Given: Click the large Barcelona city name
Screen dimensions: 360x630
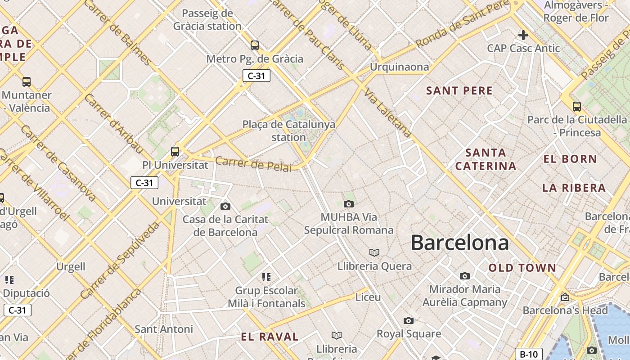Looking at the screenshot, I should [x=459, y=243].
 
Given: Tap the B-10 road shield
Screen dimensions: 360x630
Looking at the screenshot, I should [x=528, y=354].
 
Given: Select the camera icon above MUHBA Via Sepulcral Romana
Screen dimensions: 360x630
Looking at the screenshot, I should [x=348, y=204].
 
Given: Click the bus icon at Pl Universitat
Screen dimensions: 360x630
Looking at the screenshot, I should [x=175, y=152].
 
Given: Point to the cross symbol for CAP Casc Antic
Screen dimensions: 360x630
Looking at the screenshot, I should [x=523, y=35].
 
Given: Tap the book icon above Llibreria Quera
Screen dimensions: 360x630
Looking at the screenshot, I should [x=374, y=253].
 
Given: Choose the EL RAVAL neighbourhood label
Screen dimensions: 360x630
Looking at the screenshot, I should [x=270, y=337].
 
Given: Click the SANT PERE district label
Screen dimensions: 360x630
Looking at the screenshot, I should [x=459, y=90].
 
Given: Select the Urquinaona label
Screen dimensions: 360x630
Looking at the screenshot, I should [x=399, y=67].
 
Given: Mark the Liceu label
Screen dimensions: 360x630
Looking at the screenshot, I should [x=368, y=297].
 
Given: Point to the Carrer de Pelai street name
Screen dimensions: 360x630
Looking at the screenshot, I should [x=253, y=163].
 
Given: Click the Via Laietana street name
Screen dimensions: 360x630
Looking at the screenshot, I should [x=388, y=113].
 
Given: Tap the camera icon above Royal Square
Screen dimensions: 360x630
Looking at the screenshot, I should [x=408, y=321].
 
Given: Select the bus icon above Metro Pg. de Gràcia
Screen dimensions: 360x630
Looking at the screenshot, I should [x=255, y=45].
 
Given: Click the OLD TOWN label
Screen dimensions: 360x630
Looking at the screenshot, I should [x=522, y=268].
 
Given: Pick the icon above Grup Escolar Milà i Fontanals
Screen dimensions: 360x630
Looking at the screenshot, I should [x=266, y=277].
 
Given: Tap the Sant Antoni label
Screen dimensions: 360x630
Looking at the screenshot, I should [x=164, y=329].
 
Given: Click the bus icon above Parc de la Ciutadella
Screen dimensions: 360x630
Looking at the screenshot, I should [x=577, y=107].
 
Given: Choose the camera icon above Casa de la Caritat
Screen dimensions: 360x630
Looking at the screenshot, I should [x=225, y=207].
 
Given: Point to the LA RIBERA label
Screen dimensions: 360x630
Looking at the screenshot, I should [x=574, y=188].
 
